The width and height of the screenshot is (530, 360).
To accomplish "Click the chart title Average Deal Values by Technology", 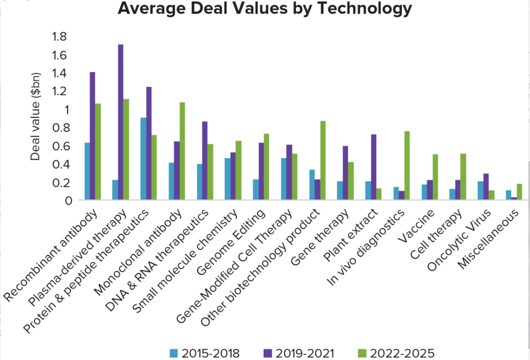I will (265, 8).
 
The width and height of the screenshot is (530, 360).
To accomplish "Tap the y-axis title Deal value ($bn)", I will (36, 116).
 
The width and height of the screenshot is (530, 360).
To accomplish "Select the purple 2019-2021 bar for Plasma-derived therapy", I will (121, 122).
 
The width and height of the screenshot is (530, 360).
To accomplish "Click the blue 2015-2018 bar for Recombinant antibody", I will (87, 171).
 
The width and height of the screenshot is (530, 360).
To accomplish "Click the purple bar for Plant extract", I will (373, 167).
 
